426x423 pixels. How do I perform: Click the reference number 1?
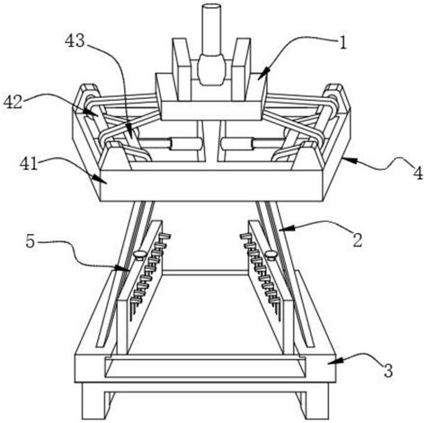coord(343,43)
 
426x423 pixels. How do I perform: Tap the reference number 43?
coord(75,40)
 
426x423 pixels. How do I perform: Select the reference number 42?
coord(13,102)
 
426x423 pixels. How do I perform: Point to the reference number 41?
coord(29,164)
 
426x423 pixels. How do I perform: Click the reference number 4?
coord(418,173)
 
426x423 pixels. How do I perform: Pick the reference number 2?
coord(358,240)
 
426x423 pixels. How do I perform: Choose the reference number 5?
coord(31,241)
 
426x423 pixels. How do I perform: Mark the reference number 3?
coord(388,371)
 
